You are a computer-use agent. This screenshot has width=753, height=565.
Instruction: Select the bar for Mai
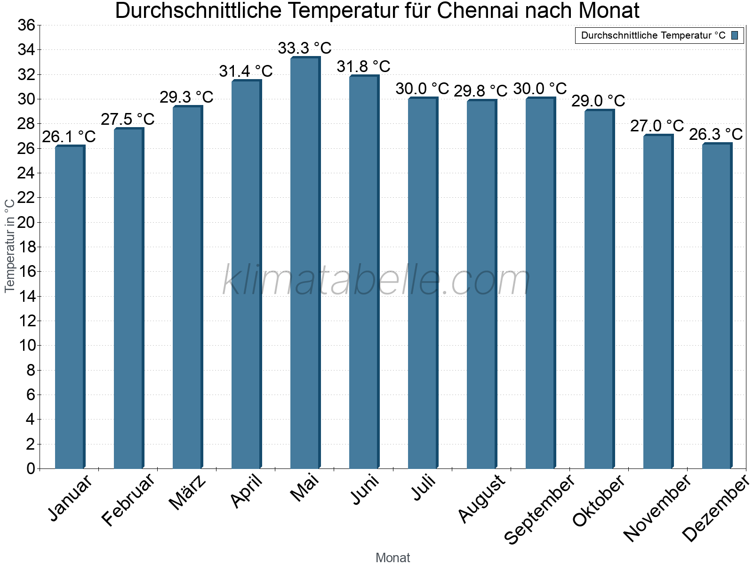(x=305, y=264)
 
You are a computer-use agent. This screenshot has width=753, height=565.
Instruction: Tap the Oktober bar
(x=599, y=289)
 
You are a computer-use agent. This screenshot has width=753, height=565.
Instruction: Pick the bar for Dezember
(x=717, y=306)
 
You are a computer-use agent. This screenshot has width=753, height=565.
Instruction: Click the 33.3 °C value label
(x=304, y=48)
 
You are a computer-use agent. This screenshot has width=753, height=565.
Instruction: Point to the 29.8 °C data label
(x=481, y=91)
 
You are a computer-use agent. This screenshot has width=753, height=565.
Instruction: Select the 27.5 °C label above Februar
(x=128, y=119)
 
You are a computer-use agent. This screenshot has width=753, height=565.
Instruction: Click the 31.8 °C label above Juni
(x=363, y=66)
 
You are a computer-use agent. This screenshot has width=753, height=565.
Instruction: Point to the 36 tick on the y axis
(x=26, y=25)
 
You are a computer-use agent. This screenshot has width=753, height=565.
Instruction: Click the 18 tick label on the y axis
(x=26, y=247)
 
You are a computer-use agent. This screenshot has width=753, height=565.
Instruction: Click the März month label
(x=188, y=492)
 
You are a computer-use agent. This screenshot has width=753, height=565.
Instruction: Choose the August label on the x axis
(x=481, y=499)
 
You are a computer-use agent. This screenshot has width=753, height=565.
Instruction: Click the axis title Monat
(x=393, y=558)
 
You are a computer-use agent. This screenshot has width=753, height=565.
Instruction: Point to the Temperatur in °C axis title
(x=10, y=245)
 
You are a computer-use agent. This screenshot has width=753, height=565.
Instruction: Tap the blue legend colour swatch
(x=735, y=35)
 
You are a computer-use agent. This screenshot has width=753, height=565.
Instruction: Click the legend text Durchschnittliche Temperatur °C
(x=653, y=35)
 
